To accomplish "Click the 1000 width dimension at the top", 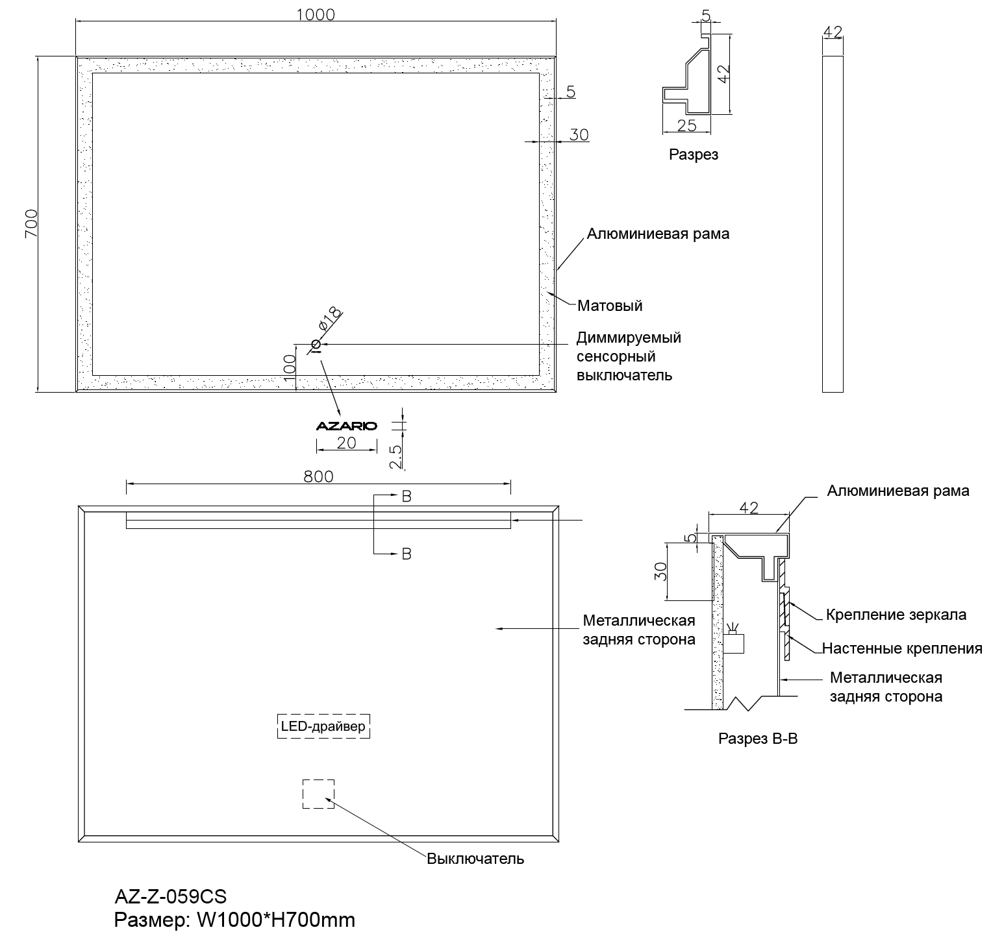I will (x=316, y=14).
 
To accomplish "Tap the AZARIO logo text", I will (x=346, y=426).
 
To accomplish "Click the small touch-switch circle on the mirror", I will (x=316, y=344).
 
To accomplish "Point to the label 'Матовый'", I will (x=610, y=305).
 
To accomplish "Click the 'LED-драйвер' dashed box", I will (x=323, y=726).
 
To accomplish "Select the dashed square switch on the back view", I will (x=318, y=794).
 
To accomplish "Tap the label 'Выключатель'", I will (x=475, y=859).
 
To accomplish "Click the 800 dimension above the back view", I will (x=318, y=476).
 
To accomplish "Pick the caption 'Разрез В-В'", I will (x=757, y=739).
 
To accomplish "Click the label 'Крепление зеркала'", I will (x=896, y=615).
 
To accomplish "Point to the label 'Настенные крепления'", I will (x=902, y=648).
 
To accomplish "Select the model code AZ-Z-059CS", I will (x=171, y=897).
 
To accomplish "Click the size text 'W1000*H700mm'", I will (x=272, y=920).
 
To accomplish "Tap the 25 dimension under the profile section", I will (x=686, y=125).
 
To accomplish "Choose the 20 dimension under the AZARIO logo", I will (x=346, y=443).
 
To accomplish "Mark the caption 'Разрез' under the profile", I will (x=694, y=155).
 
